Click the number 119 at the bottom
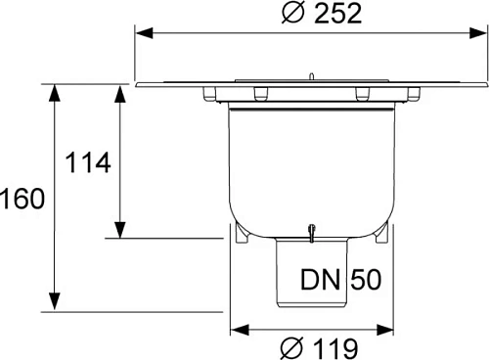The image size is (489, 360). coord(331,346)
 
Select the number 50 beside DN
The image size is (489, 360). coord(359,281)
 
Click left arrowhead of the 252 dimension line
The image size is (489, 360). coord(144,32)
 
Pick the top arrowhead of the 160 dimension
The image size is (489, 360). coord(55,92)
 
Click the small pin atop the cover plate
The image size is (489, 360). coord(309,75)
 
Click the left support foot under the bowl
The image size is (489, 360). coord(241,236)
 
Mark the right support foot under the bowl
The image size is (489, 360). coord(381,236)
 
